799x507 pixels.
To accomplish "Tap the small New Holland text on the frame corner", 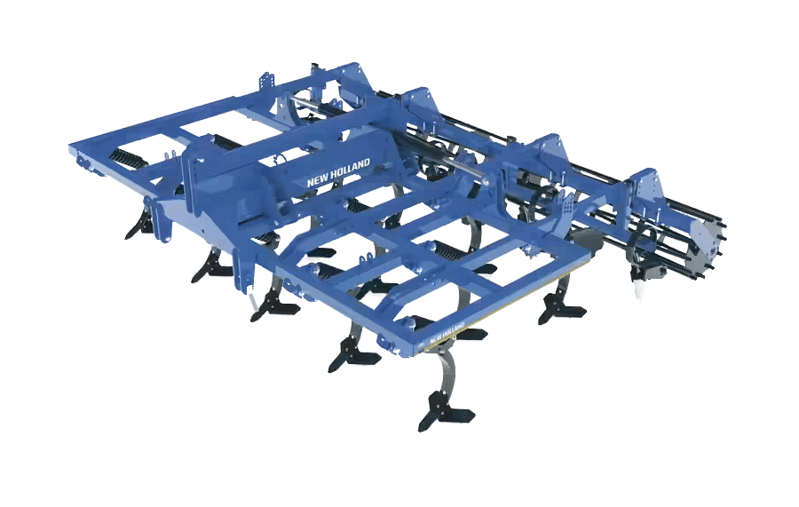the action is click(447, 332).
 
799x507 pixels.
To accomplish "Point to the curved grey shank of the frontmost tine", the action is click(448, 366).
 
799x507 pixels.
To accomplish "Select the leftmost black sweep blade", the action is click(138, 226).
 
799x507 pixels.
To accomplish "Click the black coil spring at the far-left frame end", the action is click(126, 158).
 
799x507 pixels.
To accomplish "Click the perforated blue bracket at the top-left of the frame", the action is click(267, 82).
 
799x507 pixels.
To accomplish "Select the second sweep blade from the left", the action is click(211, 265).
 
